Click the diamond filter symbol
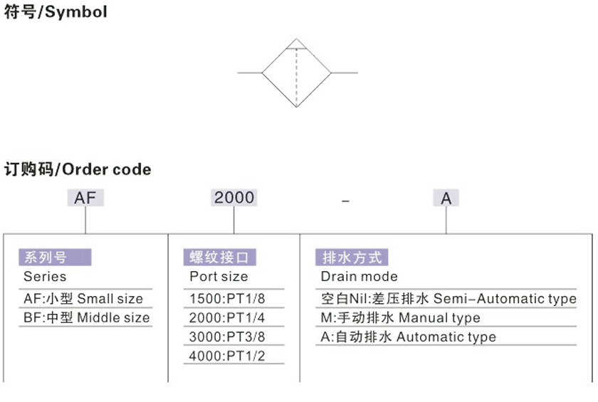click(297, 73)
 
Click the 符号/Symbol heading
click(56, 11)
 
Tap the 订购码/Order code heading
click(78, 169)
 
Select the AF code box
click(85, 198)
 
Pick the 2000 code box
click(234, 198)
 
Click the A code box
click(446, 198)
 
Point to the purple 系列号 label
click(55, 257)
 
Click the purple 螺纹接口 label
click(220, 257)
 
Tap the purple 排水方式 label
click(352, 257)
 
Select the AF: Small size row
click(83, 298)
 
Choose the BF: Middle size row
click(87, 317)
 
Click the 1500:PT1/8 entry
click(227, 298)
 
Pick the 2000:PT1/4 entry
click(227, 317)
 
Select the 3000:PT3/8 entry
click(227, 337)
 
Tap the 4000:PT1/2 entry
click(227, 356)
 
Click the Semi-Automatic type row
click(448, 299)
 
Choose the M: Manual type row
click(400, 318)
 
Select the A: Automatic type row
click(409, 337)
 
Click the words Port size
click(219, 276)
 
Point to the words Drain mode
click(360, 276)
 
